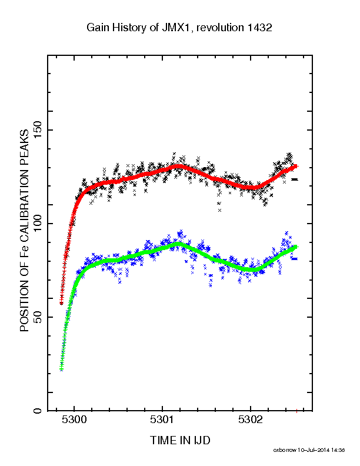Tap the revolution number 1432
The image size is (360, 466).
pyautogui.click(x=259, y=28)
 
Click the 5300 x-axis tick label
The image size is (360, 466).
pyautogui.click(x=74, y=420)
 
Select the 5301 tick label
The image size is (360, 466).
pyautogui.click(x=162, y=420)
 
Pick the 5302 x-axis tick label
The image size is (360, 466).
pyautogui.click(x=251, y=420)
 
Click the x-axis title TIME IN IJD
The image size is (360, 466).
pyautogui.click(x=180, y=440)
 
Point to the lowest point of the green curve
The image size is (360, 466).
pyautogui.click(x=62, y=369)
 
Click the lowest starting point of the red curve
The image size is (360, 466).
pyautogui.click(x=62, y=303)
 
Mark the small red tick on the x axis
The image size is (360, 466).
pyautogui.click(x=296, y=411)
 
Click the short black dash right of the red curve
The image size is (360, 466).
pyautogui.click(x=295, y=179)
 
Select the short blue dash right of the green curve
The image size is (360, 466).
pyautogui.click(x=295, y=258)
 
